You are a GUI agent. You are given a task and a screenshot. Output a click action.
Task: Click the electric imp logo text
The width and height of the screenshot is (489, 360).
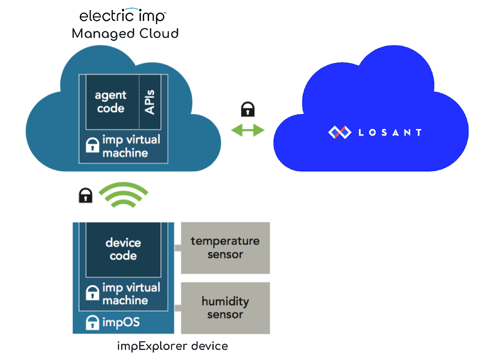tap(123, 16)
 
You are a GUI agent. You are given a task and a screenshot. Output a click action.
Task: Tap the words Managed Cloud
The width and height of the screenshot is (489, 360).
tap(125, 34)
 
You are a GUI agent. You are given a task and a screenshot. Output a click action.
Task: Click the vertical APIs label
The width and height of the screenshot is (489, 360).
tap(149, 102)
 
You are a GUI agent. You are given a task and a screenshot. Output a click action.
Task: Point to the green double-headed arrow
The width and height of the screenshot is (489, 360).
tap(248, 130)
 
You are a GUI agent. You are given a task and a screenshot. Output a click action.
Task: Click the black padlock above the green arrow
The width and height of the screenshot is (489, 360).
tap(248, 109)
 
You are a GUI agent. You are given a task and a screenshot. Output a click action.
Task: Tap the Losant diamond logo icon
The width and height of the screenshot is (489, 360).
tap(340, 132)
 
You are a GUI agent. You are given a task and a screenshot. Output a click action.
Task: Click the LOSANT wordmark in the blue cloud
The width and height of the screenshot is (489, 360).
tap(390, 133)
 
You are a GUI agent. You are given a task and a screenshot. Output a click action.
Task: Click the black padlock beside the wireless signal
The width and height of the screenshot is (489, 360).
tap(86, 195)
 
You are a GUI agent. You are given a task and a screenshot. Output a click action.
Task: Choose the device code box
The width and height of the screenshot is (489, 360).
tap(123, 250)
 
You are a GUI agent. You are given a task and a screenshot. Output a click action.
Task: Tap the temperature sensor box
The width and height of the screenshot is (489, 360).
tap(226, 248)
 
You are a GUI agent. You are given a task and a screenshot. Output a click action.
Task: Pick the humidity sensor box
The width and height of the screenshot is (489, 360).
tap(226, 308)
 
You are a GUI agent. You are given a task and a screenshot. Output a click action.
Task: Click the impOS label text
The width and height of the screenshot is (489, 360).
tap(121, 322)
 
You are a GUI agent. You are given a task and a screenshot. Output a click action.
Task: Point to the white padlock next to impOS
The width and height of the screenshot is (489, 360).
tap(92, 322)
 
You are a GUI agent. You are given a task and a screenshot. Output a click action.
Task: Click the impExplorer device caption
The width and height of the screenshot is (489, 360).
tap(173, 346)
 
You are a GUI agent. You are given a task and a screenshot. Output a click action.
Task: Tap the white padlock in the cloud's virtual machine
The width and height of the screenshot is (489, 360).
tap(92, 145)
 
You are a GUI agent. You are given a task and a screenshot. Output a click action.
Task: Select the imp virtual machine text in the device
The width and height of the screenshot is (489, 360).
tap(131, 294)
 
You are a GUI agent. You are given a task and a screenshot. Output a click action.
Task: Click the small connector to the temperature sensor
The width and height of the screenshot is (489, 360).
tap(178, 248)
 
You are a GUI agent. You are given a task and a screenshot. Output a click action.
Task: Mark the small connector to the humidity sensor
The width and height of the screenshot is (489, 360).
tap(178, 308)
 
